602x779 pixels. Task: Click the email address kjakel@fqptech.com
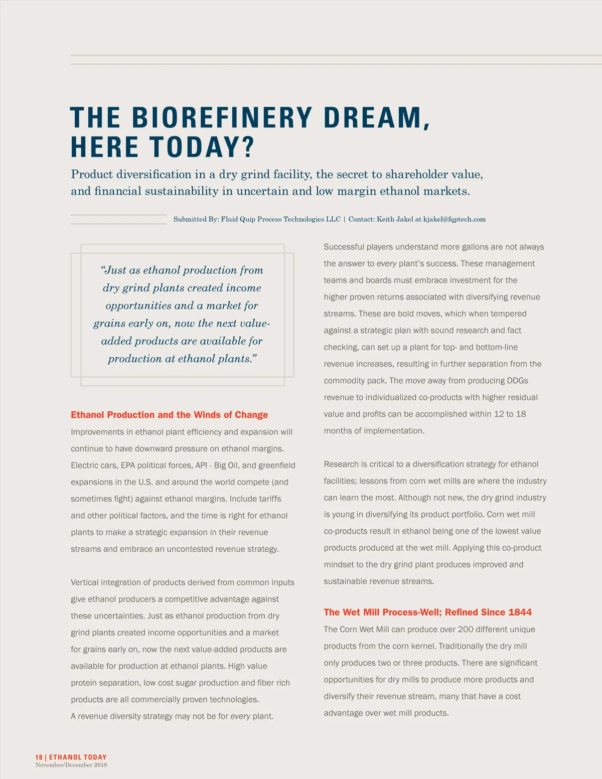pyautogui.click(x=455, y=219)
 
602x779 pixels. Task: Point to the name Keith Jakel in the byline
pyautogui.click(x=395, y=219)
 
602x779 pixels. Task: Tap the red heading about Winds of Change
pyautogui.click(x=169, y=415)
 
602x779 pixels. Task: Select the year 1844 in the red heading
pyautogui.click(x=520, y=612)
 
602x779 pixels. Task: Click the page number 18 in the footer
pyautogui.click(x=39, y=757)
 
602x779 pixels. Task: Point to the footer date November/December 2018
pyautogui.click(x=71, y=765)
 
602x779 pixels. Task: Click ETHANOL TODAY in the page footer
pyautogui.click(x=78, y=757)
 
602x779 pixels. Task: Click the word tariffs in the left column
pyautogui.click(x=269, y=499)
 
